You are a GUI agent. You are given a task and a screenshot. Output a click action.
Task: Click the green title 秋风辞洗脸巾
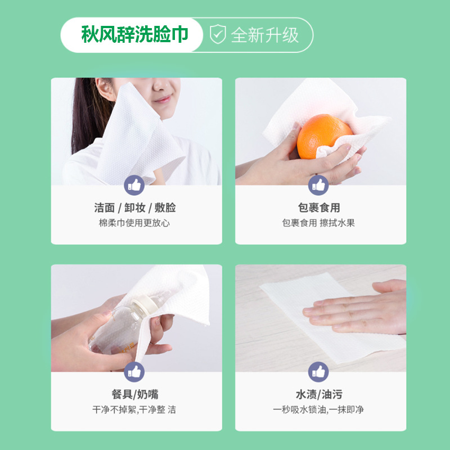tap(134, 34)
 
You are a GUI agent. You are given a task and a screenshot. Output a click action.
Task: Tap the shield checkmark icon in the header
tap(218, 34)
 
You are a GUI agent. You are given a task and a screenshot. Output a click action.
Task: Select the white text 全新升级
tap(264, 35)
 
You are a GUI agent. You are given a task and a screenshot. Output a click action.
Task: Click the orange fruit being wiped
tap(324, 136)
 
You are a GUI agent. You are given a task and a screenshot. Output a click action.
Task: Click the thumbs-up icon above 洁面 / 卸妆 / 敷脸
tap(134, 185)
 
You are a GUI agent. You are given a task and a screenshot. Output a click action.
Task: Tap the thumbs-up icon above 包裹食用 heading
tap(318, 185)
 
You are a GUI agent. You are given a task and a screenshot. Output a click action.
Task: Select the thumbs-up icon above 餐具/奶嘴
tap(134, 372)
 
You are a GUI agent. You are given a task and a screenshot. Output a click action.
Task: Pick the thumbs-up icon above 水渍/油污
tap(318, 372)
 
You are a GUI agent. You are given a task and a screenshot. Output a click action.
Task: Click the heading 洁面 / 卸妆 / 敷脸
tap(135, 208)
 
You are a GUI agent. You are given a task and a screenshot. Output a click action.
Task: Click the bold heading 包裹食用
tap(319, 208)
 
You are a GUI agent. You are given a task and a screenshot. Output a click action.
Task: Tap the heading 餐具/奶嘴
tap(135, 394)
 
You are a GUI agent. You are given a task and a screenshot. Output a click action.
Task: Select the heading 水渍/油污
tap(319, 394)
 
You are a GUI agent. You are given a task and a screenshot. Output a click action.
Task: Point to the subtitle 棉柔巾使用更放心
tap(134, 223)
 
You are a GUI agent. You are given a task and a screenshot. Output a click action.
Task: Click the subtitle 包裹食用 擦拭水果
tap(318, 223)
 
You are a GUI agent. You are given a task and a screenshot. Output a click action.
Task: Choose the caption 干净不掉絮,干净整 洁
tap(134, 409)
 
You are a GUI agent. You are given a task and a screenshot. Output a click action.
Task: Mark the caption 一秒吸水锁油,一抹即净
tap(318, 409)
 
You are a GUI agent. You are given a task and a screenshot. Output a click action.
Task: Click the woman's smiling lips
tap(163, 100)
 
